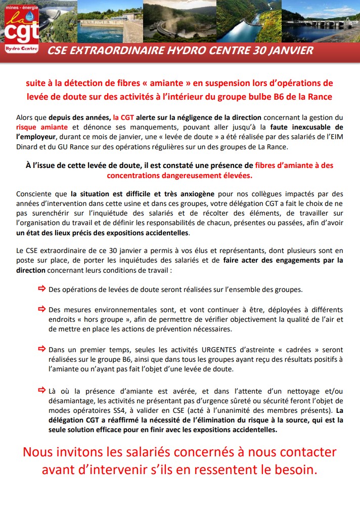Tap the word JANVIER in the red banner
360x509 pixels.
[x=289, y=51]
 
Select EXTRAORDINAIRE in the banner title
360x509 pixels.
[x=114, y=51]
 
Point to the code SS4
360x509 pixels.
[x=128, y=410]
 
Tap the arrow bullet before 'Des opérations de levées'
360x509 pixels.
[x=42, y=289]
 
